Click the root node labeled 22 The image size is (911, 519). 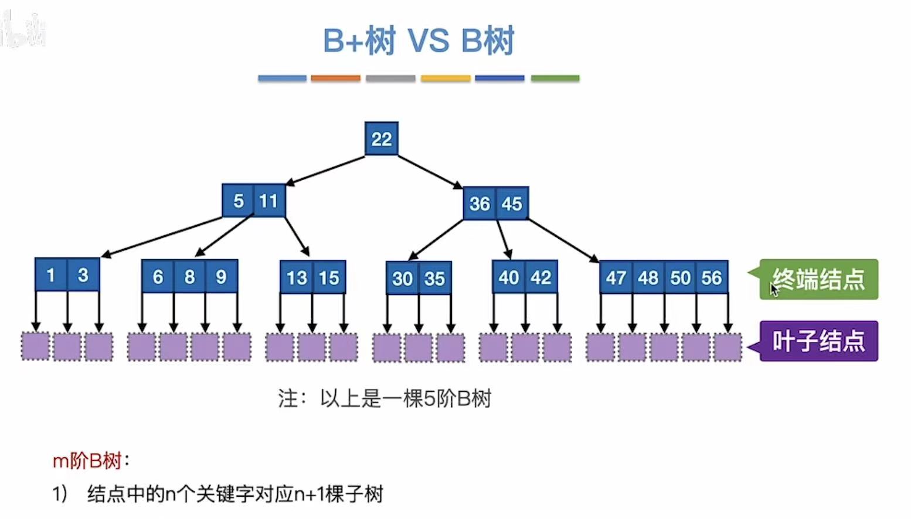tap(382, 139)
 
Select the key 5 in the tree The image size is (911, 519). tap(238, 201)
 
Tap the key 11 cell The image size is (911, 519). tap(269, 201)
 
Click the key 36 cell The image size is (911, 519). tap(480, 203)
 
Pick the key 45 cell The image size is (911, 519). tap(512, 203)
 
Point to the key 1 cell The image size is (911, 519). tap(51, 275)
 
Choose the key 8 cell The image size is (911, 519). tap(189, 277)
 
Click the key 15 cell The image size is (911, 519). tap(329, 277)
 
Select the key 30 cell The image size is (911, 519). tap(403, 279)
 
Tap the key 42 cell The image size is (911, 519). tap(541, 277)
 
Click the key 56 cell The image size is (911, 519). tap(712, 277)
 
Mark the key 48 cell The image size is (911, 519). tap(648, 277)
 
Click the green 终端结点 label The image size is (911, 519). tap(818, 280)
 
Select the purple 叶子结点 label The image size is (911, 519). tap(818, 341)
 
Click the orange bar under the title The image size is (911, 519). tap(335, 78)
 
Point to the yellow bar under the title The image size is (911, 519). tap(446, 78)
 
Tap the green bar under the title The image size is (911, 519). tap(555, 78)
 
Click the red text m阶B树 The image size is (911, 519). tap(87, 461)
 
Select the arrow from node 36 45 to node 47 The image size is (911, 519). tap(563, 240)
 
